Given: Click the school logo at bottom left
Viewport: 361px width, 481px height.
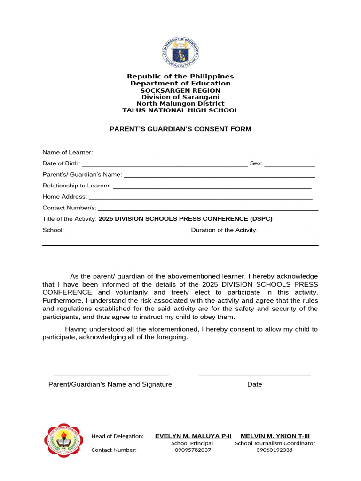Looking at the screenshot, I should (x=65, y=440).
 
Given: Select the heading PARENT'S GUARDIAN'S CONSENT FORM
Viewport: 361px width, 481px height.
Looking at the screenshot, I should (x=180, y=129).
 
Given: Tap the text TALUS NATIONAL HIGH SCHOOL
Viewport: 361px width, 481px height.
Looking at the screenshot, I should (x=180, y=110).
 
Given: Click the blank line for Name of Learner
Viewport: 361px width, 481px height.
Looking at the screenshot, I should (x=204, y=153).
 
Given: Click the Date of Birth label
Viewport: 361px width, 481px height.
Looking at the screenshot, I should (x=61, y=164).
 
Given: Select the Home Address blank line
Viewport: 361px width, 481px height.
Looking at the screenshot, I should (x=200, y=198).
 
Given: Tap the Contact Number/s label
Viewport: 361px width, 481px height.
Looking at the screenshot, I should (x=69, y=208).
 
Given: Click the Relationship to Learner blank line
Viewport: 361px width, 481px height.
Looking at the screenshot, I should (x=212, y=186).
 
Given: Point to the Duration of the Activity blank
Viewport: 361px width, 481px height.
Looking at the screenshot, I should (x=286, y=231).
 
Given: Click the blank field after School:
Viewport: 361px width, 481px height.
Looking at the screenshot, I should (x=127, y=231).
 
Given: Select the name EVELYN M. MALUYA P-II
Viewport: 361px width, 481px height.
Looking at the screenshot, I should (x=193, y=436).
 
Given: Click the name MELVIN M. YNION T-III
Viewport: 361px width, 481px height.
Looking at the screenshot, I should (x=275, y=436).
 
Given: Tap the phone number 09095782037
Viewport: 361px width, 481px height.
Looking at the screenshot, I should (x=192, y=450).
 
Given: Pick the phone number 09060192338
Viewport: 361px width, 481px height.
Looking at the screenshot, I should (x=275, y=450).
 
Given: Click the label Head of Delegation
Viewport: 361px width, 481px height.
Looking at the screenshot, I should (x=117, y=436).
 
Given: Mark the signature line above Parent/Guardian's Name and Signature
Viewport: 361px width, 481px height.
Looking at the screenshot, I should (x=111, y=374).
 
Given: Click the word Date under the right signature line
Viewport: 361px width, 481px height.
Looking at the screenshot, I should (x=255, y=384).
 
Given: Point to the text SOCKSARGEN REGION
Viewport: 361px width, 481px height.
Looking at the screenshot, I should (x=180, y=90).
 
